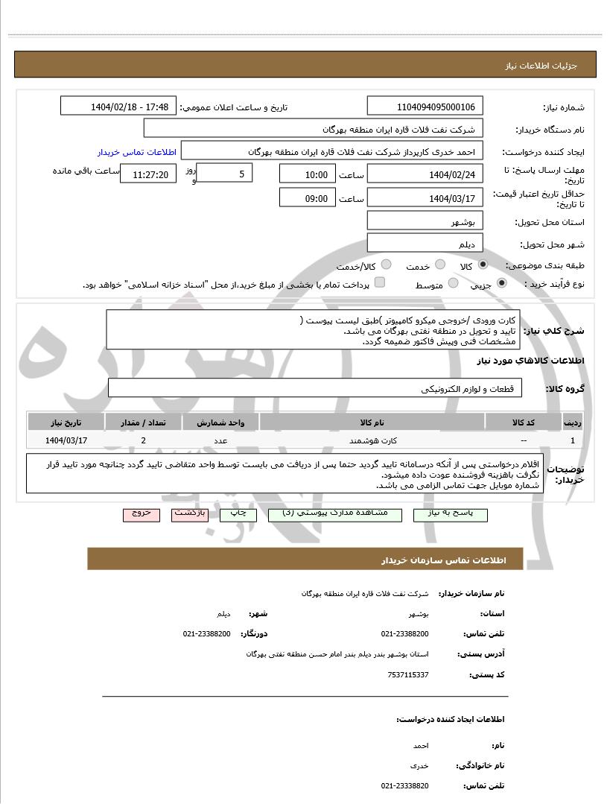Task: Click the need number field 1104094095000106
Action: point(425,107)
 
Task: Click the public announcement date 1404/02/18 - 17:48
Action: point(118,107)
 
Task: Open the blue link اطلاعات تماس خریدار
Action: point(137,151)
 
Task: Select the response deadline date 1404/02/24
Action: point(425,174)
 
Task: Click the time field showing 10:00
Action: point(308,174)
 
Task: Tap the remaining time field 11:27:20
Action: point(149,175)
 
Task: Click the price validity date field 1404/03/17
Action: point(425,198)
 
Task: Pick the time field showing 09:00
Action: point(308,198)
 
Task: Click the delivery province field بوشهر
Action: point(425,222)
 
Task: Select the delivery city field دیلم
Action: point(425,244)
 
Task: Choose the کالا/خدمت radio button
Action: point(387,265)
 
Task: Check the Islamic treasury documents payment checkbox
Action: point(380,283)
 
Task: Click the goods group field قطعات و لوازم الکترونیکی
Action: point(315,388)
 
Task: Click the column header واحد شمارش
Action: point(220,422)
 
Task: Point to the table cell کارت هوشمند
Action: point(372,440)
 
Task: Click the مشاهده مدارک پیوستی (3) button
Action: point(334,514)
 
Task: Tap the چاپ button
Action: point(238,514)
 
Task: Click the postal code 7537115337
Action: point(408,674)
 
